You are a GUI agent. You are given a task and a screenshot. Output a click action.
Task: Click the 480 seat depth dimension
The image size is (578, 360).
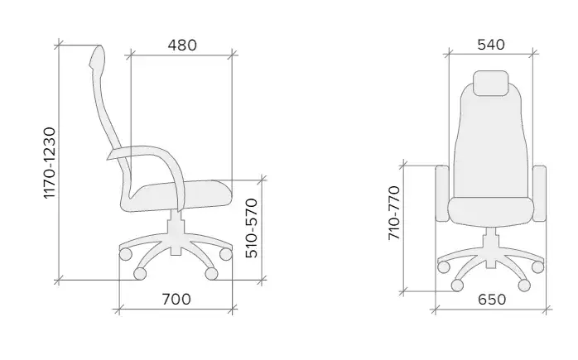(182, 45)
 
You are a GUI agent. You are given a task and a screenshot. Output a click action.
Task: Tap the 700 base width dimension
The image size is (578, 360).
(176, 300)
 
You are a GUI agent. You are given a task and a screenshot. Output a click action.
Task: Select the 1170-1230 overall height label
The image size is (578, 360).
(50, 163)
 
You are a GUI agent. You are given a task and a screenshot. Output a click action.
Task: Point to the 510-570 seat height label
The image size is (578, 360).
(252, 228)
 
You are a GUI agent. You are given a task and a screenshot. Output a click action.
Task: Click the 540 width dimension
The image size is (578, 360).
(491, 45)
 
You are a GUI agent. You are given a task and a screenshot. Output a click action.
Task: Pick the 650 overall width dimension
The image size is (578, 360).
(492, 300)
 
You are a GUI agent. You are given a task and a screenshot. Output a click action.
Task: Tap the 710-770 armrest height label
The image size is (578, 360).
(394, 213)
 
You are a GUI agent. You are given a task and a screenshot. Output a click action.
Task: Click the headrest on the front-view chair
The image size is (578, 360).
(490, 83)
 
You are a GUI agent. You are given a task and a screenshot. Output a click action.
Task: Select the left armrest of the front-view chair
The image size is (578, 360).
(442, 194)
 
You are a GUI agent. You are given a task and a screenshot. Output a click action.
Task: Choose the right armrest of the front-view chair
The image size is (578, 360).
(540, 194)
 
